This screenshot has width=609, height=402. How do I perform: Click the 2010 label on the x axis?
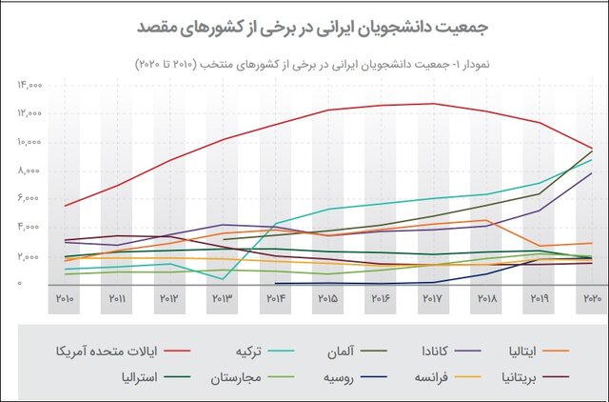(66, 300)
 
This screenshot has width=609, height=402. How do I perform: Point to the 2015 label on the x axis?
(328, 300)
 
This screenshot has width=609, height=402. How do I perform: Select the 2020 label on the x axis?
(591, 300)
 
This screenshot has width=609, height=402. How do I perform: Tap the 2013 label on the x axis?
(224, 300)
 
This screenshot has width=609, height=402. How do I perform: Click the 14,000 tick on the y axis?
(29, 85)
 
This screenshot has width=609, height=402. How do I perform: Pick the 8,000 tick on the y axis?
(29, 171)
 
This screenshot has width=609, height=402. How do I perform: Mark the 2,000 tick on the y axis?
(29, 256)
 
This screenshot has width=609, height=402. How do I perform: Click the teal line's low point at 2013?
(224, 279)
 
